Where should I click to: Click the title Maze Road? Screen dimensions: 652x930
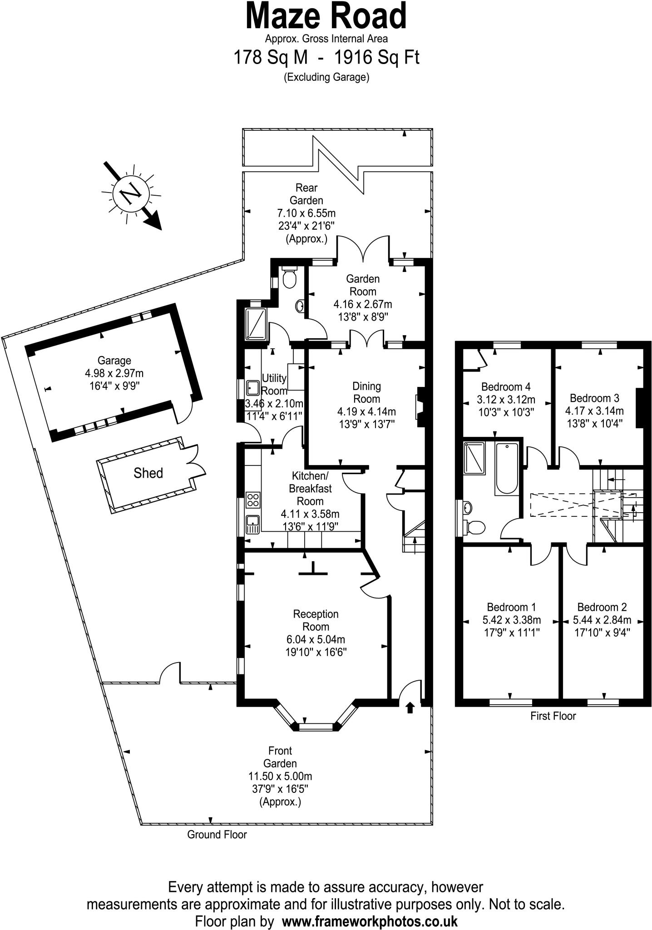pyautogui.click(x=326, y=16)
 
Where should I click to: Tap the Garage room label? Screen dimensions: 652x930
pyautogui.click(x=114, y=361)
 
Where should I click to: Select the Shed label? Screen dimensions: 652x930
pyautogui.click(x=148, y=473)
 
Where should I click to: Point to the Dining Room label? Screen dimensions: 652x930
pyautogui.click(x=366, y=393)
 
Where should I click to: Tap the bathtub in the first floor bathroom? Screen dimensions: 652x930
pyautogui.click(x=506, y=469)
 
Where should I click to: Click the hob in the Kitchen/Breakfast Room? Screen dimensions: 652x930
pyautogui.click(x=253, y=500)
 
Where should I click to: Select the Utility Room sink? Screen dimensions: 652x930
pyautogui.click(x=252, y=388)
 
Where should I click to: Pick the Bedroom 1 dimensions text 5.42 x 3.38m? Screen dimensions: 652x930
pyautogui.click(x=512, y=620)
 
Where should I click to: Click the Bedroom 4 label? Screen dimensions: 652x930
pyautogui.click(x=506, y=387)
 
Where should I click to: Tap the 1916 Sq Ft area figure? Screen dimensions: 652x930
pyautogui.click(x=376, y=58)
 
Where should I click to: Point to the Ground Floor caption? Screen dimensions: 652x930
pyautogui.click(x=217, y=834)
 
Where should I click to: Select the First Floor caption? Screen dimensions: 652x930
pyautogui.click(x=553, y=716)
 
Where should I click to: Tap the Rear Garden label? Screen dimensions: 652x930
pyautogui.click(x=306, y=194)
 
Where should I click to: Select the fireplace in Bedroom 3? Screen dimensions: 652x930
pyautogui.click(x=640, y=408)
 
